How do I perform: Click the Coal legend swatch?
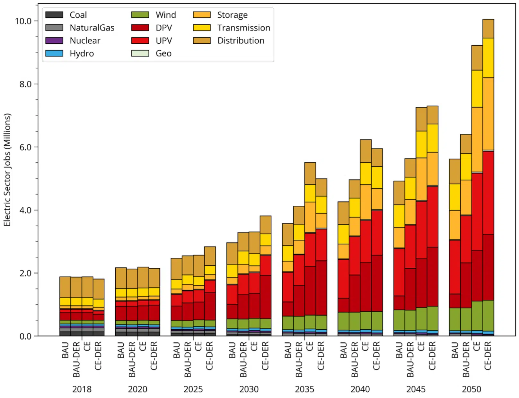coord(54,15)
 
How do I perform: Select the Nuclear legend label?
coord(85,41)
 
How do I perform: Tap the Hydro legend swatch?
coord(54,53)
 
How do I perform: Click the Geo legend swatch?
coord(140,53)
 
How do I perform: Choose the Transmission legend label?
coord(243,28)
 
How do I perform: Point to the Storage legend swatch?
coord(202,15)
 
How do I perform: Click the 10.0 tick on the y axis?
coord(23,21)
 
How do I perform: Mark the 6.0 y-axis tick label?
coord(23,147)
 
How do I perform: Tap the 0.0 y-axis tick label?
coord(25,336)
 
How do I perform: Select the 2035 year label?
coord(304,389)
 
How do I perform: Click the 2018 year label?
coord(82,389)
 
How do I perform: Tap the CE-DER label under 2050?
coord(488,356)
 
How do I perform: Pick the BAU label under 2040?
coord(343,350)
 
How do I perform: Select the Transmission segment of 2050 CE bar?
coord(477,89)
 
